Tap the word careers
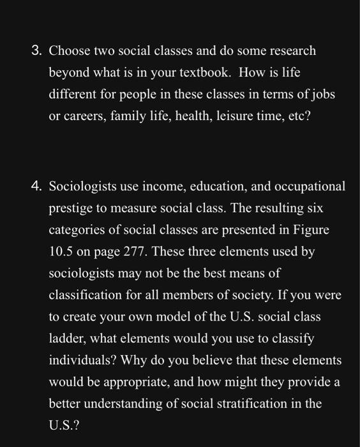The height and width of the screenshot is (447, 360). click(82, 117)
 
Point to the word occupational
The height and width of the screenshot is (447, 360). click(311, 188)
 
